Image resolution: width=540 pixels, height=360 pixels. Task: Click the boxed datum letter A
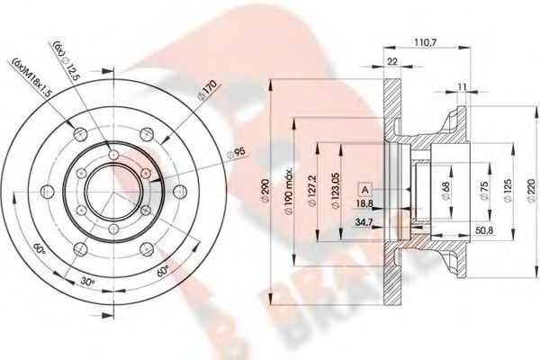[366, 189]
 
